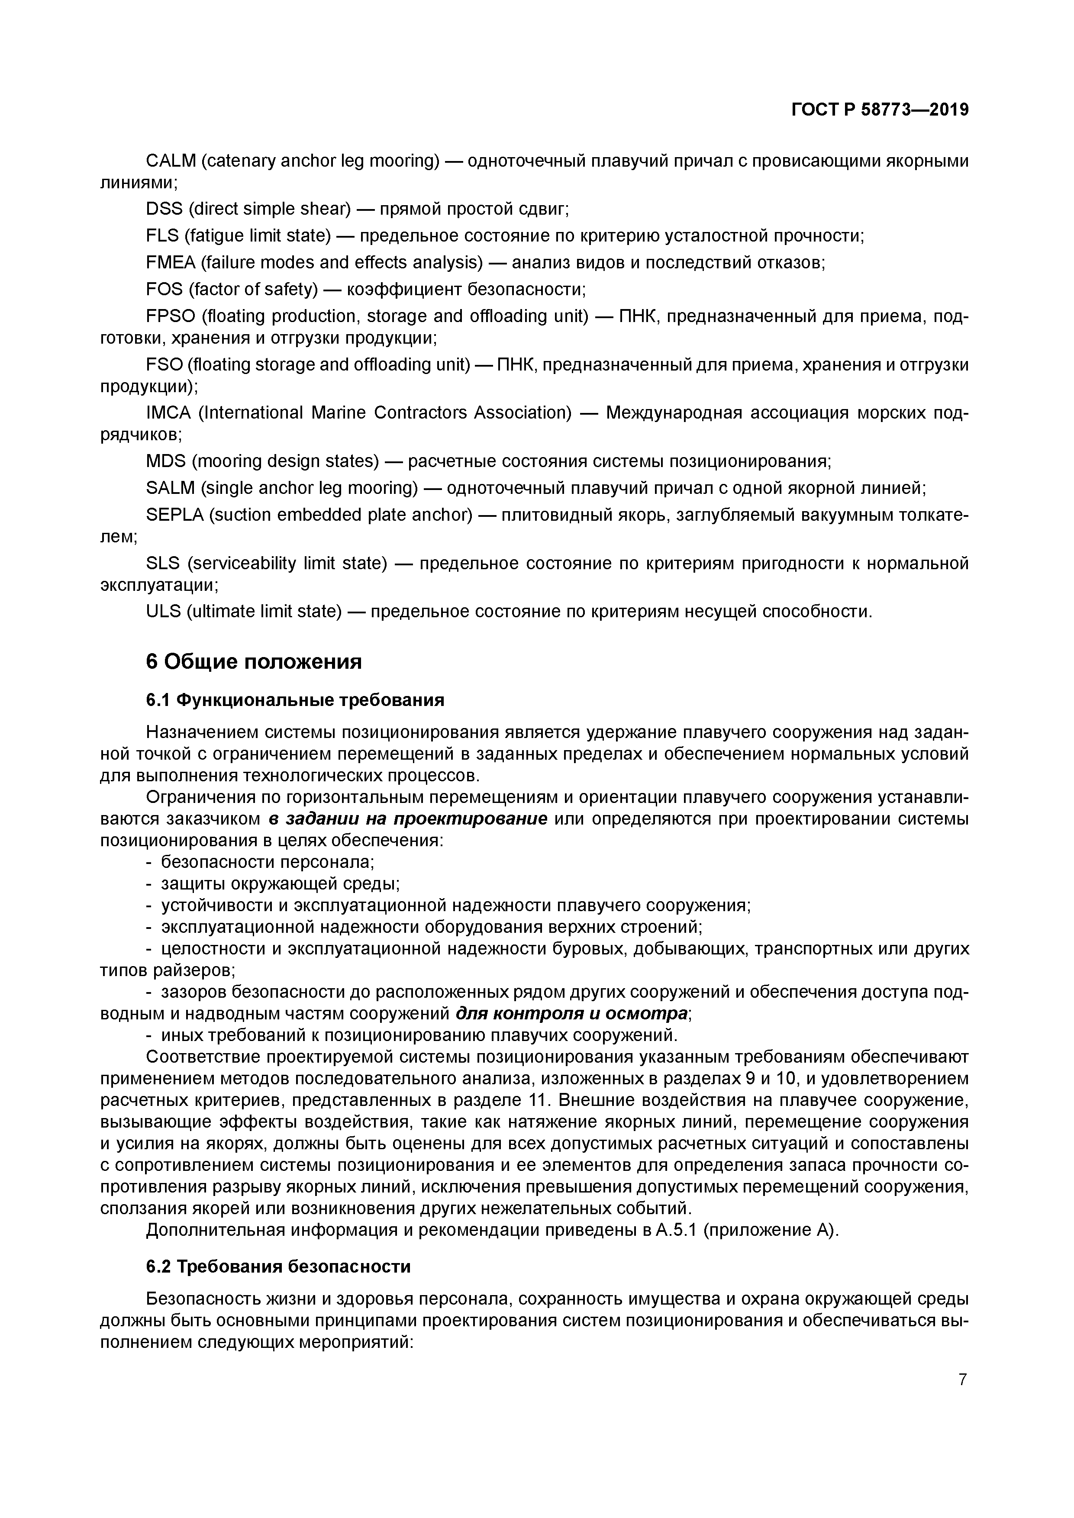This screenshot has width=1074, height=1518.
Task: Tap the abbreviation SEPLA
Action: point(174,514)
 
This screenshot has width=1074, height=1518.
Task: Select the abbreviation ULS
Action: point(163,611)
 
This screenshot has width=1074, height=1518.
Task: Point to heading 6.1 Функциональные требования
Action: point(295,699)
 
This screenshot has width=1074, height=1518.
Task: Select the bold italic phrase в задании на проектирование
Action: point(408,819)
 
